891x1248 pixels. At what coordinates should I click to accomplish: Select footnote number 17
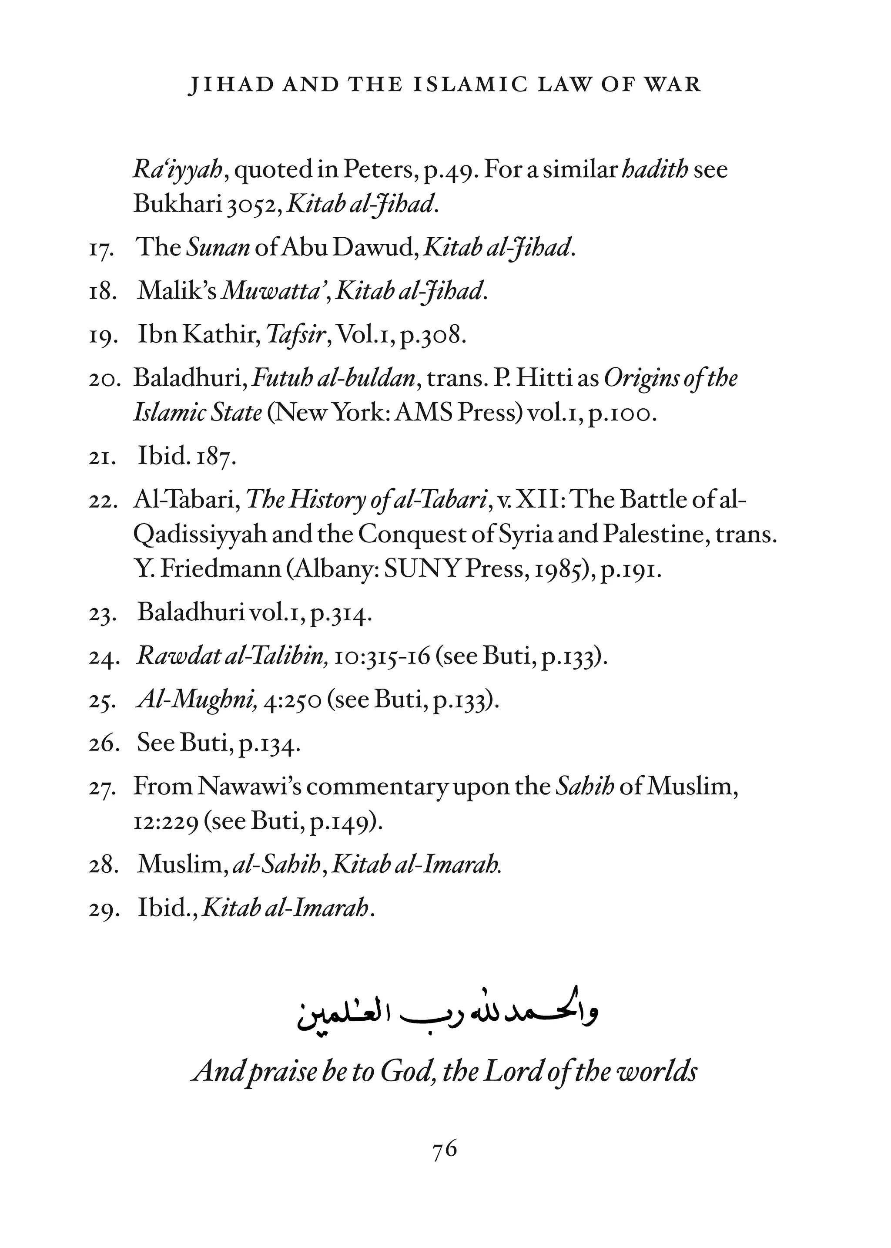tap(101, 249)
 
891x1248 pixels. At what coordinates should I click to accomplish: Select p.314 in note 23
tap(341, 612)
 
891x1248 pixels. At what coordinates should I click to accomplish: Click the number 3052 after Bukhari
tap(254, 205)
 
